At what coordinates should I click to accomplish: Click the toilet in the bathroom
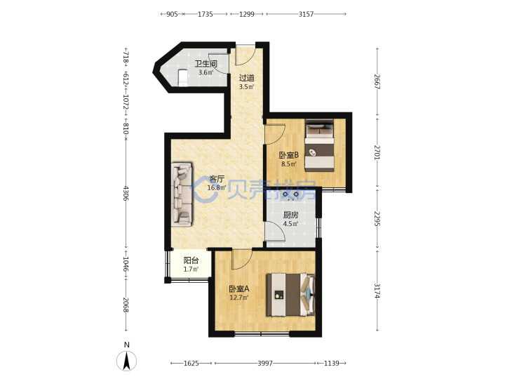pyautogui.click(x=182, y=77)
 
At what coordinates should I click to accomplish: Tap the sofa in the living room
pyautogui.click(x=182, y=194)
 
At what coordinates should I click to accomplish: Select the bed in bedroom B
pyautogui.click(x=319, y=145)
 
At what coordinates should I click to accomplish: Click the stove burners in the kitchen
pyautogui.click(x=290, y=195)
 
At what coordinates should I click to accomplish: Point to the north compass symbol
pyautogui.click(x=126, y=358)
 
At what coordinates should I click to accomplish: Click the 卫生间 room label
pyautogui.click(x=206, y=64)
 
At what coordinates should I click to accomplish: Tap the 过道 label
pyautogui.click(x=247, y=78)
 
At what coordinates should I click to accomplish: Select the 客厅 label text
pyautogui.click(x=217, y=179)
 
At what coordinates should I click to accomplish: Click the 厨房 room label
pyautogui.click(x=290, y=215)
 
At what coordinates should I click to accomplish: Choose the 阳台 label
pyautogui.click(x=191, y=260)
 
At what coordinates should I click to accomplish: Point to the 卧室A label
pyautogui.click(x=239, y=288)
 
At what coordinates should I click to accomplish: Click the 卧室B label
pyautogui.click(x=289, y=155)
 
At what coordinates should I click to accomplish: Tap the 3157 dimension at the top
pyautogui.click(x=306, y=14)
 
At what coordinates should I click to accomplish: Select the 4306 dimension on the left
pyautogui.click(x=126, y=193)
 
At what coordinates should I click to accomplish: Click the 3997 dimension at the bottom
pyautogui.click(x=265, y=364)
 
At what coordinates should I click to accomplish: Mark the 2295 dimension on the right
pyautogui.click(x=377, y=218)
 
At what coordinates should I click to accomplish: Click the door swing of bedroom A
pyautogui.click(x=242, y=260)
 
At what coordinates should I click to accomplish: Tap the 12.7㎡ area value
pyautogui.click(x=239, y=298)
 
